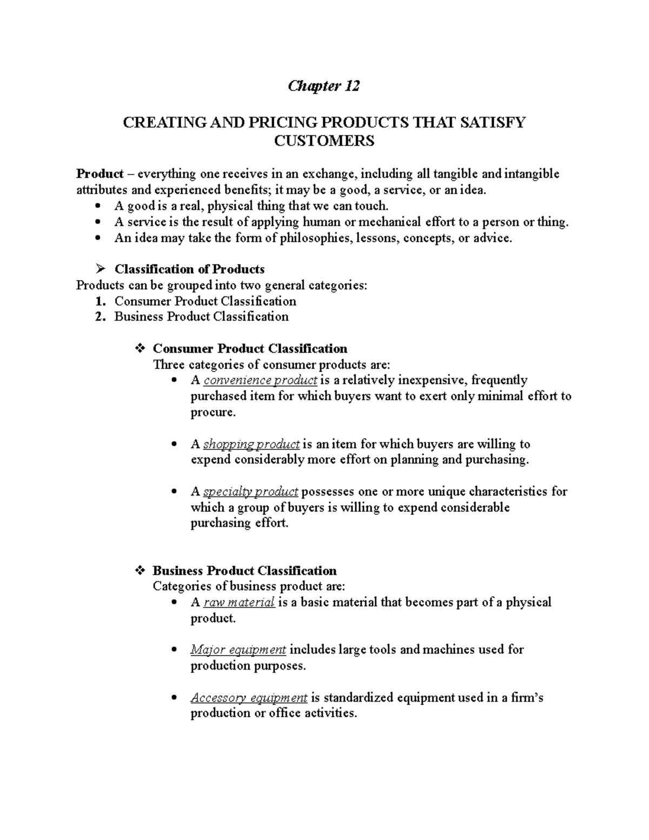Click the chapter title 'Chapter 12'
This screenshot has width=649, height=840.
[324, 86]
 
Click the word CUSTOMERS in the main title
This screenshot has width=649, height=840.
[324, 141]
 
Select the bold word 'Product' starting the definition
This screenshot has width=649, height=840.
[100, 174]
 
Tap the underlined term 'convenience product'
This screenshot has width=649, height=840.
[260, 380]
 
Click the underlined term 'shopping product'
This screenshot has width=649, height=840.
[251, 444]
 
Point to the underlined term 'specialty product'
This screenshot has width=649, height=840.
[251, 492]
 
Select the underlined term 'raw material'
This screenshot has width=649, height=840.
[239, 603]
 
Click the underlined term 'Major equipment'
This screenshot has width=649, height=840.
[238, 650]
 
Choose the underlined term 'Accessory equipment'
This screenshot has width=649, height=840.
[249, 698]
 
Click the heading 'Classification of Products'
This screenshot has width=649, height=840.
[189, 269]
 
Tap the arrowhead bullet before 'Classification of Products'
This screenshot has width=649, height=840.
[98, 269]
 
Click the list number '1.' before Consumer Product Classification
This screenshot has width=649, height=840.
[100, 301]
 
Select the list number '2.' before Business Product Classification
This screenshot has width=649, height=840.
[100, 316]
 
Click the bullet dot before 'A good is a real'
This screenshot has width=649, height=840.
[97, 206]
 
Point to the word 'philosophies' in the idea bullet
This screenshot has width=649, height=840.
[314, 238]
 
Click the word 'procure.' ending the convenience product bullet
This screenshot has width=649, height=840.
[213, 412]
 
